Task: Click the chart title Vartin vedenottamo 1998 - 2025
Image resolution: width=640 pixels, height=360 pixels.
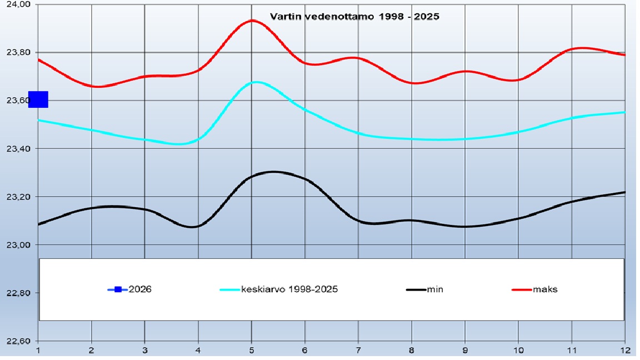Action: pos(354,17)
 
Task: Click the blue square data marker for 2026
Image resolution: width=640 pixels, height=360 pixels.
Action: pos(38,99)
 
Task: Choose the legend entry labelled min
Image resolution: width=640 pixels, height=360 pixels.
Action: pos(435,289)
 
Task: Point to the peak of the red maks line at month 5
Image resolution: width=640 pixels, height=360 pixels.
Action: pos(252,21)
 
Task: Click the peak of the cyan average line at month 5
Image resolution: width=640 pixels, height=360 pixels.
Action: pos(255,82)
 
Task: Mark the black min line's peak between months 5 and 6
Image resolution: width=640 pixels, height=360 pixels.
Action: pos(273,172)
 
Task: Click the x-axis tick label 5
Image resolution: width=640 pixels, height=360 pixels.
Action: pos(252,350)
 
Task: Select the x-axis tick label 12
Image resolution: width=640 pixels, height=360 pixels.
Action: pos(624,350)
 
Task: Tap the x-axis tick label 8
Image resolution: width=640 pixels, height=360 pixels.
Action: pos(412,350)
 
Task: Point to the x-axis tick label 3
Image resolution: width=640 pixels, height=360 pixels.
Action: pos(145,350)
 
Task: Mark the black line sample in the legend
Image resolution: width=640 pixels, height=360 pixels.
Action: pos(417,289)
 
